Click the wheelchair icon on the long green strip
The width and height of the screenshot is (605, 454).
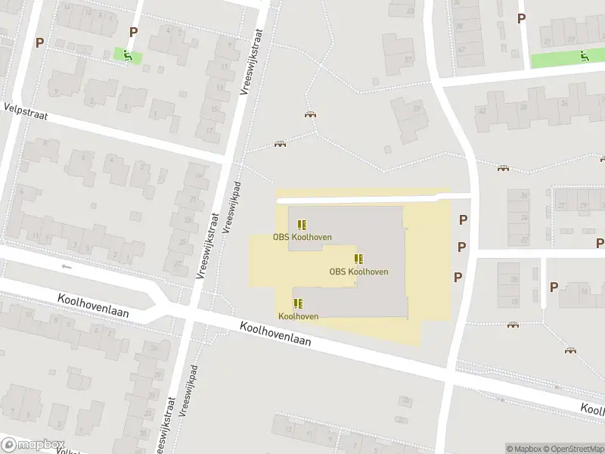click(583, 55)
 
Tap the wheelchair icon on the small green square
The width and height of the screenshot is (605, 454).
click(127, 54)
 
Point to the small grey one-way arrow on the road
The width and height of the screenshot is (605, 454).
click(67, 266)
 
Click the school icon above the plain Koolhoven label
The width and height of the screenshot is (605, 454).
click(298, 303)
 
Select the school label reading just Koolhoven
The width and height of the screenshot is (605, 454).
click(298, 316)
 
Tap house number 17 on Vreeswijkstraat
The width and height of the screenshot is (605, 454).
click(209, 130)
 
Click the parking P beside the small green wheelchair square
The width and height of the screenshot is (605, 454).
click(134, 32)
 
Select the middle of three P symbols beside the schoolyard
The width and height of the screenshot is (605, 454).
click(461, 247)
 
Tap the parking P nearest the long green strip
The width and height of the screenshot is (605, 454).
click(521, 18)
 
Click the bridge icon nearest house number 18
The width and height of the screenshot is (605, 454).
click(570, 350)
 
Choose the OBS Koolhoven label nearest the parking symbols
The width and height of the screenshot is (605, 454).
click(358, 272)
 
